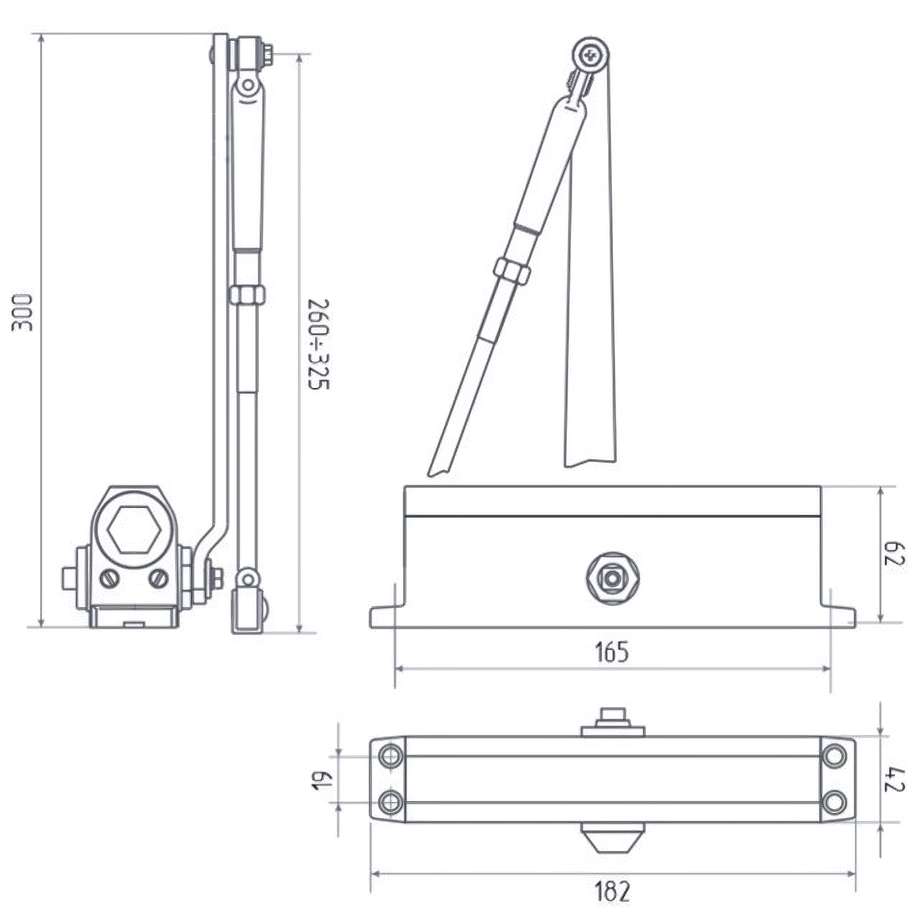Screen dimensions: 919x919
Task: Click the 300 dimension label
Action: point(22,313)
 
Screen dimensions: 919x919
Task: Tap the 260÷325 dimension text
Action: point(319,345)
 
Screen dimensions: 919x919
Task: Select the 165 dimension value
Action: point(612,652)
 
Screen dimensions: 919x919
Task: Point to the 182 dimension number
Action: point(612,890)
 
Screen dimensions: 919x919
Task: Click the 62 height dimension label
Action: point(894,554)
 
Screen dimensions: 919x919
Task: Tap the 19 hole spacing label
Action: point(322,780)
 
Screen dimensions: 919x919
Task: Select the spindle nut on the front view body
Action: point(612,579)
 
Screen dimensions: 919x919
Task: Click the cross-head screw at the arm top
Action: point(592,57)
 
